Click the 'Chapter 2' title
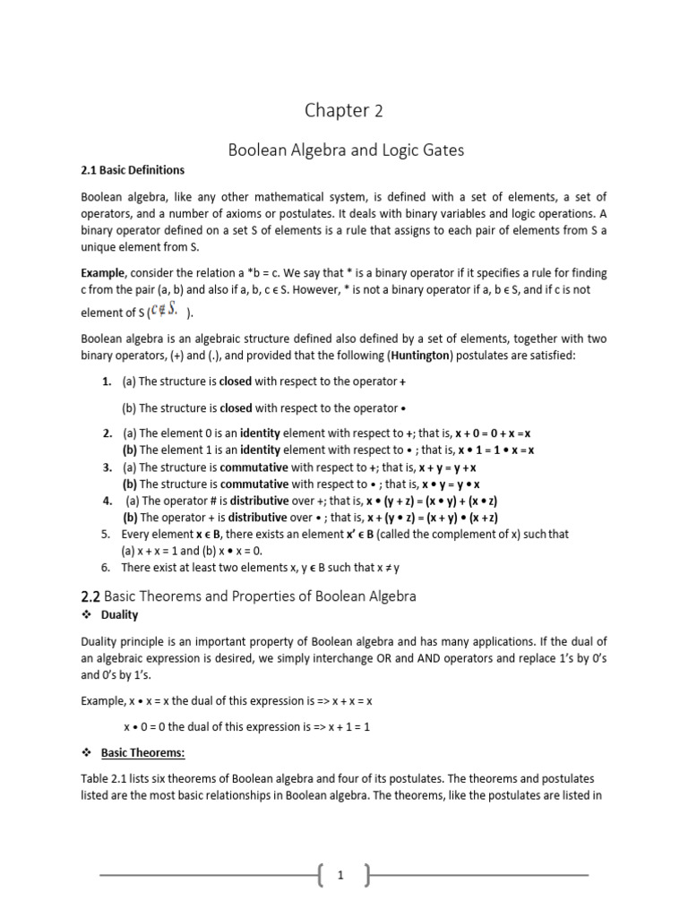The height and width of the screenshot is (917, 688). [x=344, y=110]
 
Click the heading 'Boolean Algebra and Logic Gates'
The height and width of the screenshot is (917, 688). [x=343, y=150]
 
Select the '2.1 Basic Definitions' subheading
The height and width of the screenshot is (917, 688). [x=133, y=170]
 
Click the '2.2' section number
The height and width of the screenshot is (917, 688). [x=92, y=596]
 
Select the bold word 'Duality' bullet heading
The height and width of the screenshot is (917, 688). [x=120, y=615]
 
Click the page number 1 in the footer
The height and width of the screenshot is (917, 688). [x=342, y=876]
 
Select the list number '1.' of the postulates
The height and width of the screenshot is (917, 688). [x=107, y=381]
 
